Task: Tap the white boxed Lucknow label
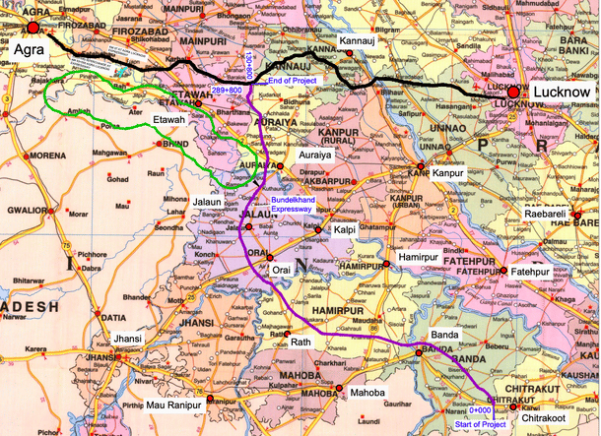[x=560, y=92]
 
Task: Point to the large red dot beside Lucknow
[x=514, y=91]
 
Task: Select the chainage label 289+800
[x=227, y=90]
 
